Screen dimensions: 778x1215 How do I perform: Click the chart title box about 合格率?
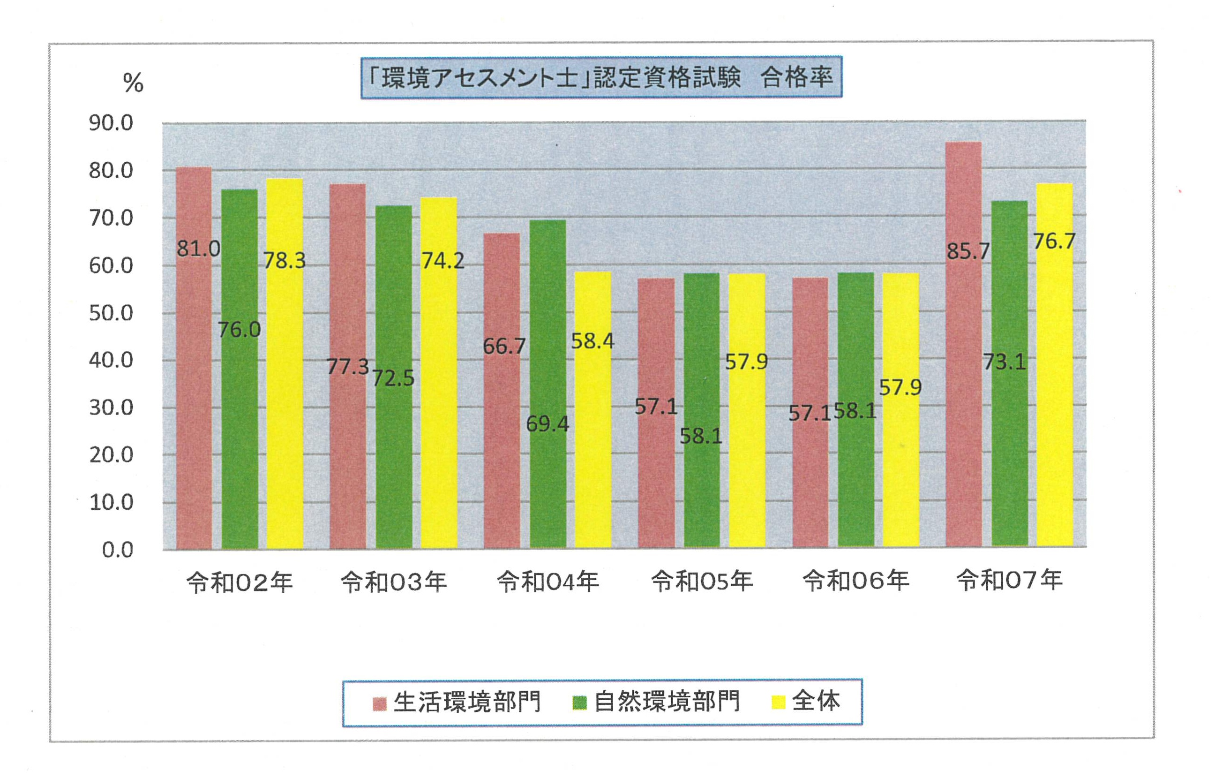click(601, 77)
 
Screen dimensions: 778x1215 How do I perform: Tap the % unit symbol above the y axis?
click(133, 83)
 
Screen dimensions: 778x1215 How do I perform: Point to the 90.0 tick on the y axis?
click(111, 123)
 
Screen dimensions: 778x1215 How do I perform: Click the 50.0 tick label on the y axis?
click(111, 313)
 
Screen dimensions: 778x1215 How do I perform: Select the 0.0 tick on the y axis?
click(118, 550)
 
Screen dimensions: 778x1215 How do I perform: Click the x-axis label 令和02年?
click(240, 582)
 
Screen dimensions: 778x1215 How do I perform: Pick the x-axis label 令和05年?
click(702, 582)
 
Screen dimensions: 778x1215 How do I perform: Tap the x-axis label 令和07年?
click(1010, 580)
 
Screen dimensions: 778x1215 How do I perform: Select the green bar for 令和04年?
click(548, 384)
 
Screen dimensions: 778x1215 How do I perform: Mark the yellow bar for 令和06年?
click(900, 410)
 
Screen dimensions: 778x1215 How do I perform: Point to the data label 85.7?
click(967, 251)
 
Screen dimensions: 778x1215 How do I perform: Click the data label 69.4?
click(547, 424)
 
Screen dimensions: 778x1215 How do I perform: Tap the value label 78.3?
click(285, 261)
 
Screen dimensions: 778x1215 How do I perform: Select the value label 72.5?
click(393, 378)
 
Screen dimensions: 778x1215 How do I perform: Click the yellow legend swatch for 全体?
click(778, 702)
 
